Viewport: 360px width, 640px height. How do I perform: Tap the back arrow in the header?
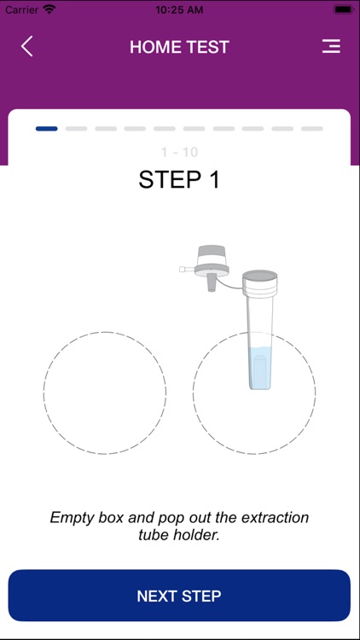pos(27,47)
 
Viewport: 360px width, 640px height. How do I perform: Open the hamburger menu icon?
pos(331,47)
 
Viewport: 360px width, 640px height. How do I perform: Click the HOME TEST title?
pos(179,48)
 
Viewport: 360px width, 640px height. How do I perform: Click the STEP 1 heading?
pos(179,180)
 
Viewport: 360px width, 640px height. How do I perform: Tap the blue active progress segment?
pos(47,129)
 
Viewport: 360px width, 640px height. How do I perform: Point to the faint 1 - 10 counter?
pos(179,152)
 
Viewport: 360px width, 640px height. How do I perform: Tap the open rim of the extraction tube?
pos(259,276)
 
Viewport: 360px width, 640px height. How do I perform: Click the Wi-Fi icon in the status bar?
pos(49,9)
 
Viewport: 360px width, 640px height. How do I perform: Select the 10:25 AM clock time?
pos(180,9)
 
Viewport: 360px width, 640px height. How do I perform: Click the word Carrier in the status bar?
pos(21,9)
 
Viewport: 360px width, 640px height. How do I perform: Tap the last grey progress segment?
pos(311,129)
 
